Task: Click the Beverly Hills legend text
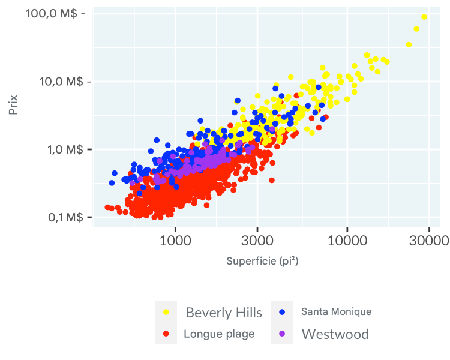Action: coord(224,313)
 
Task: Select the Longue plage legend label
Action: coord(219,334)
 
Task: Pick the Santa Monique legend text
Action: coord(336,312)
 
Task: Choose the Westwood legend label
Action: coord(335,334)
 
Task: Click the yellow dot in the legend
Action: coord(166,312)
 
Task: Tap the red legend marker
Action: coord(166,334)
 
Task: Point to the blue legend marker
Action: coord(282,312)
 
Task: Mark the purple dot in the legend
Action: coord(282,334)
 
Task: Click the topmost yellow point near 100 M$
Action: coord(424,17)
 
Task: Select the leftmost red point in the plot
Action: coord(107,207)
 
